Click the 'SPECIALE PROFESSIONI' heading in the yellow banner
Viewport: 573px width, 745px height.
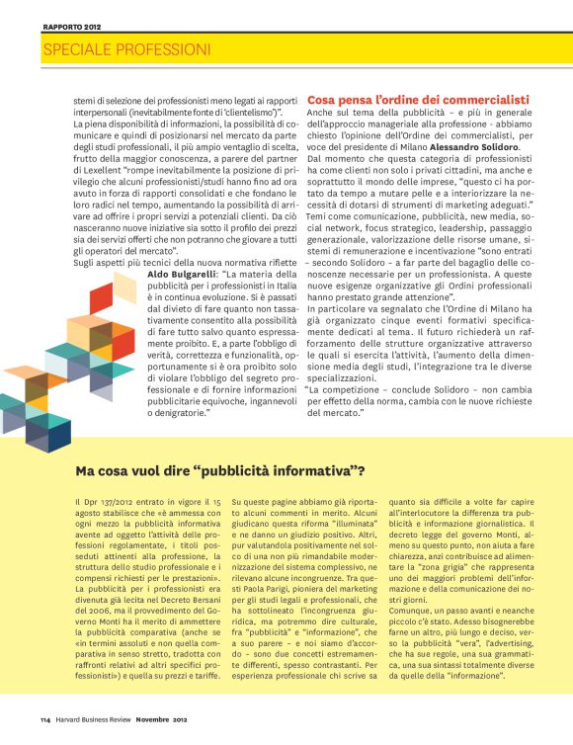pos(126,48)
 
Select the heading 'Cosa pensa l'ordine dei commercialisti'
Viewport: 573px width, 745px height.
pos(418,101)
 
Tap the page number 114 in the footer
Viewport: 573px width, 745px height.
pos(45,717)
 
